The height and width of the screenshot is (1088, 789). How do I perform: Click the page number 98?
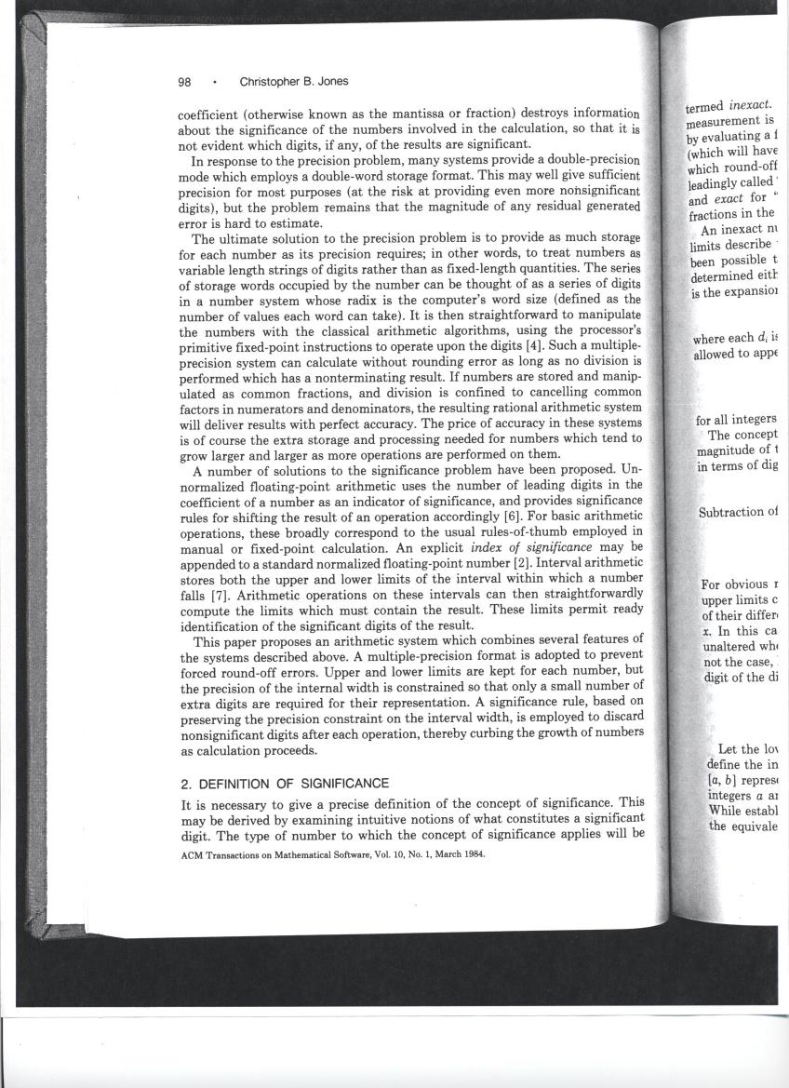point(184,81)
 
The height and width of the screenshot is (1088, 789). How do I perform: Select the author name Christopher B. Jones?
point(294,81)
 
